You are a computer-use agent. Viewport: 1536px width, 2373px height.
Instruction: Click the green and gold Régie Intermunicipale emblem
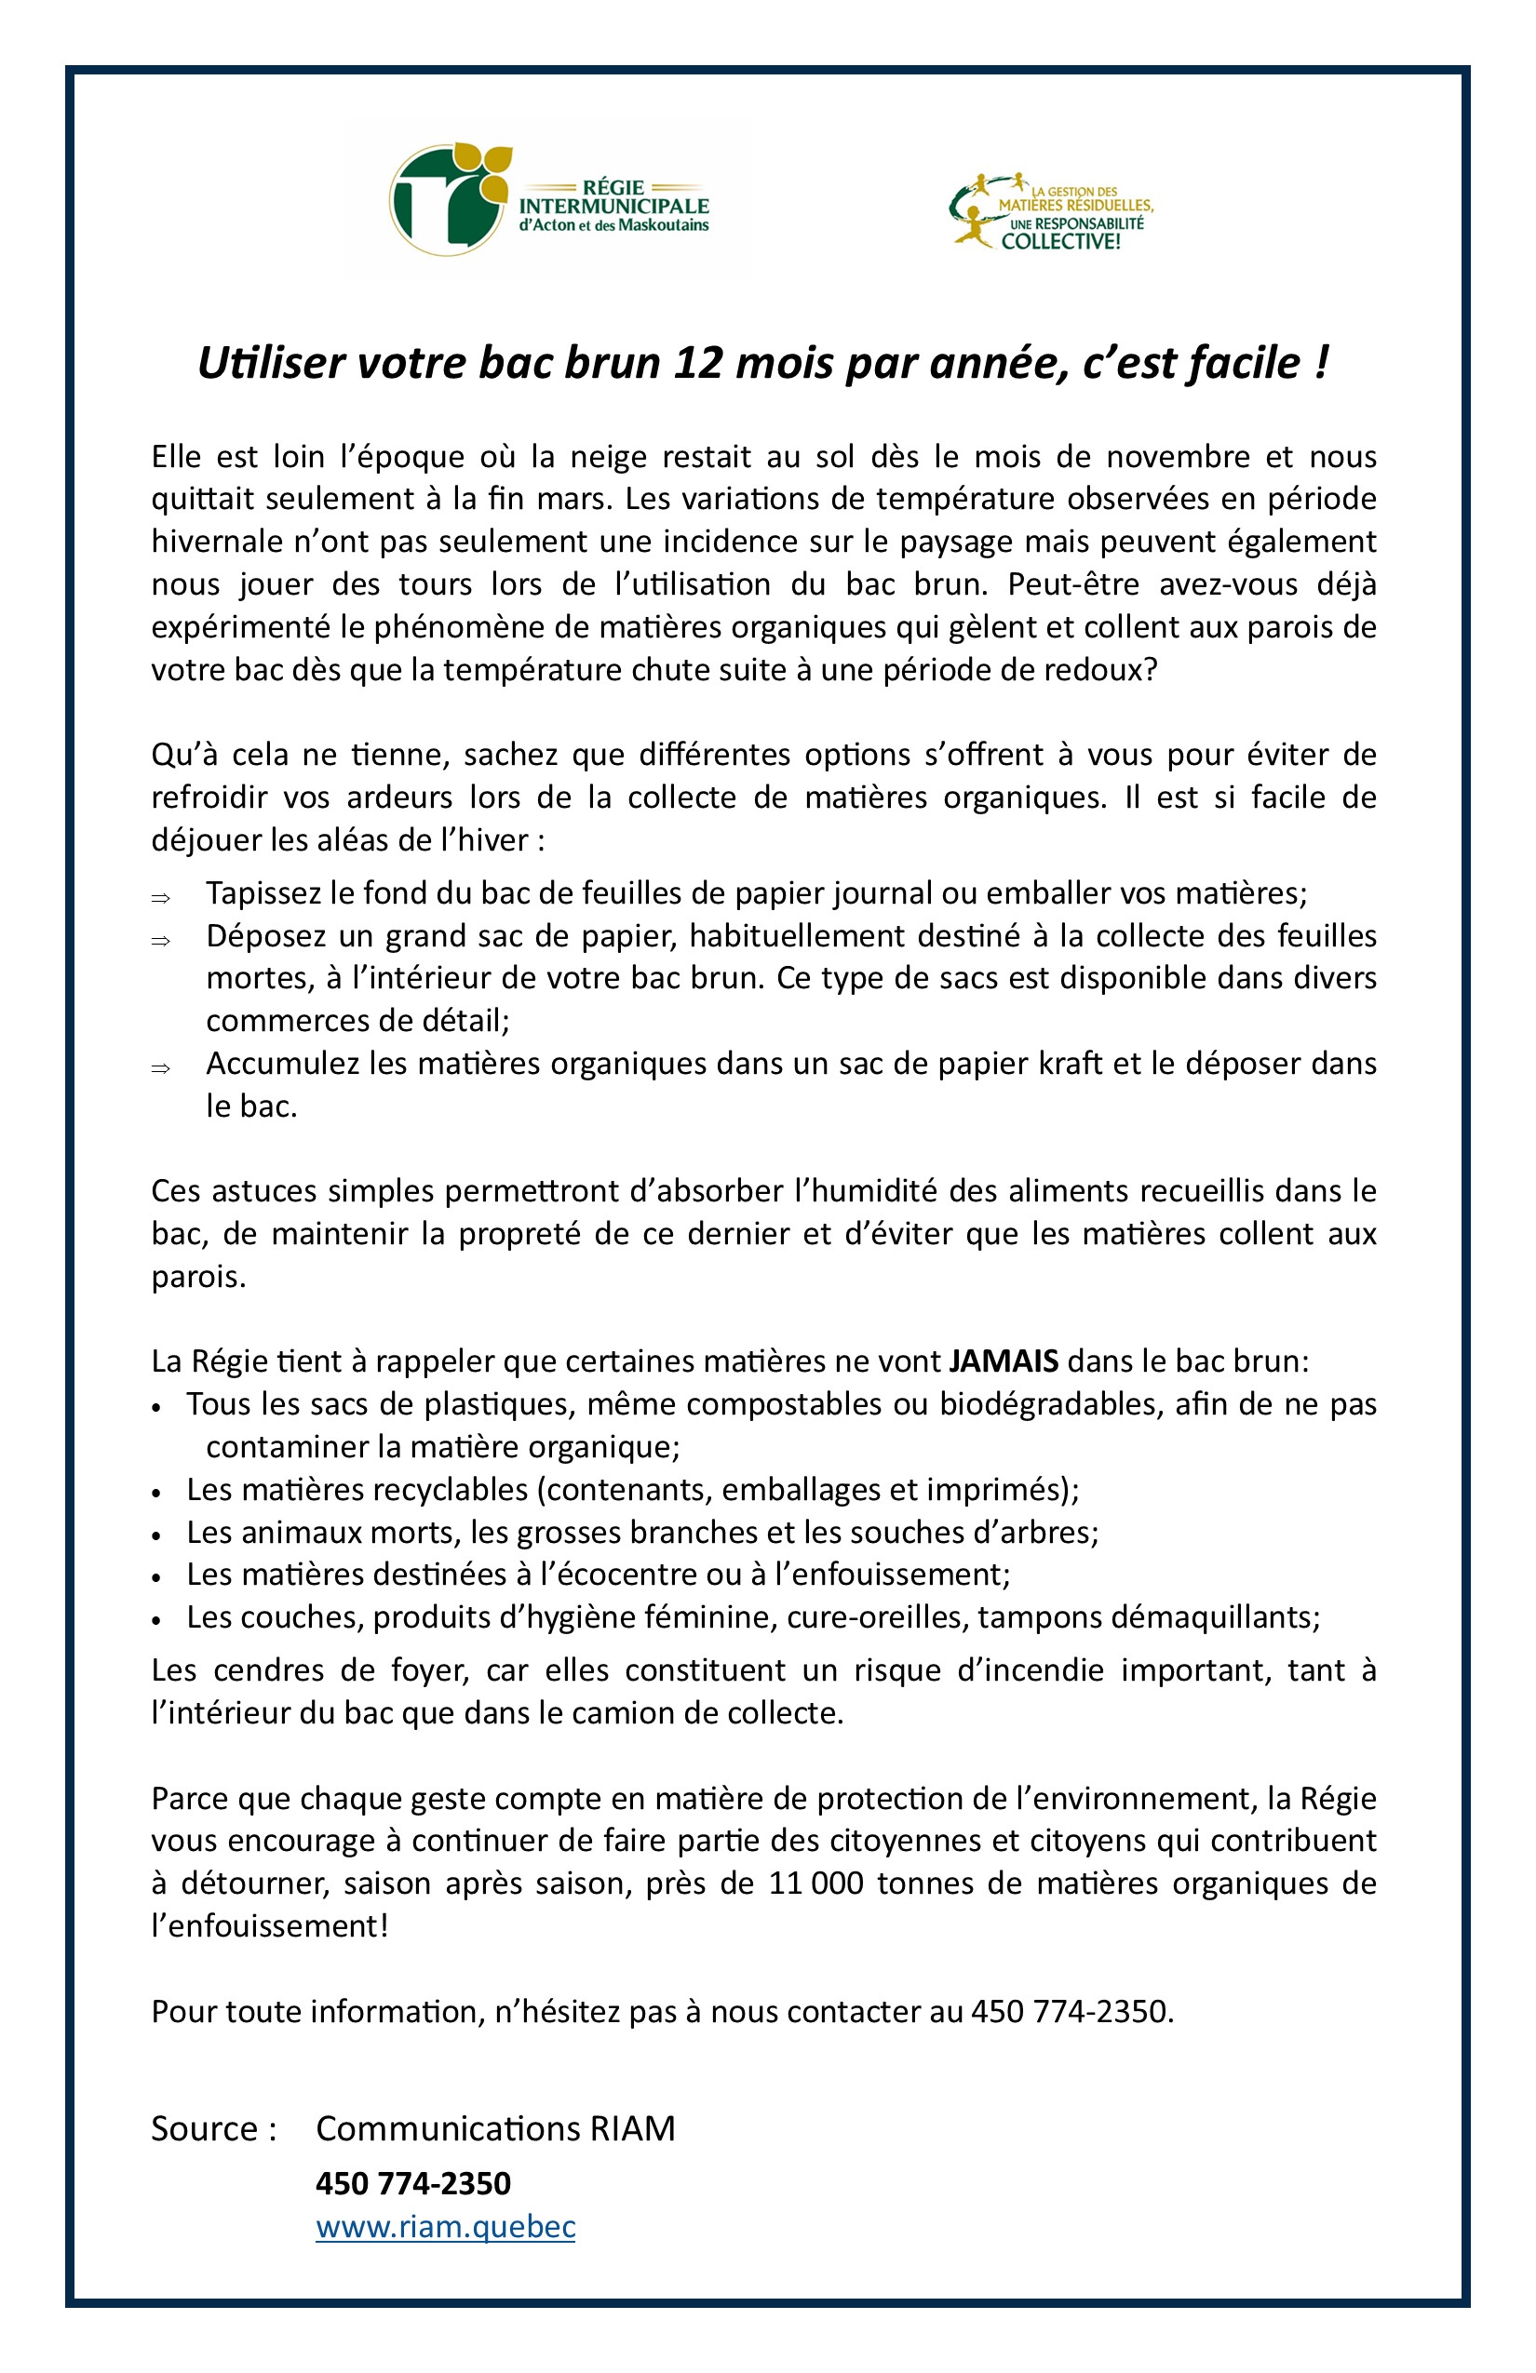coord(447,199)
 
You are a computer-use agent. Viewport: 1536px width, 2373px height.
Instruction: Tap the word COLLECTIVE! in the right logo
coord(1060,241)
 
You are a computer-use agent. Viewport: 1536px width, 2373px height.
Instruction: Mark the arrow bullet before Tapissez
coord(160,898)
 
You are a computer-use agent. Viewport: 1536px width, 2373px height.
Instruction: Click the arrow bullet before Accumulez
coord(160,1069)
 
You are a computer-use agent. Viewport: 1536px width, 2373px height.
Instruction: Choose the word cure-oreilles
coord(878,1617)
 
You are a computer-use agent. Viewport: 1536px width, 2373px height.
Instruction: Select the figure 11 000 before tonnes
coord(815,1884)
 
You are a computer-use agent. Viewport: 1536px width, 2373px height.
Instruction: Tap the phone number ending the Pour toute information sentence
coord(1071,2011)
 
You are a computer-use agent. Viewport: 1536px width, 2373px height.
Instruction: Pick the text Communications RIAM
coord(495,2129)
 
